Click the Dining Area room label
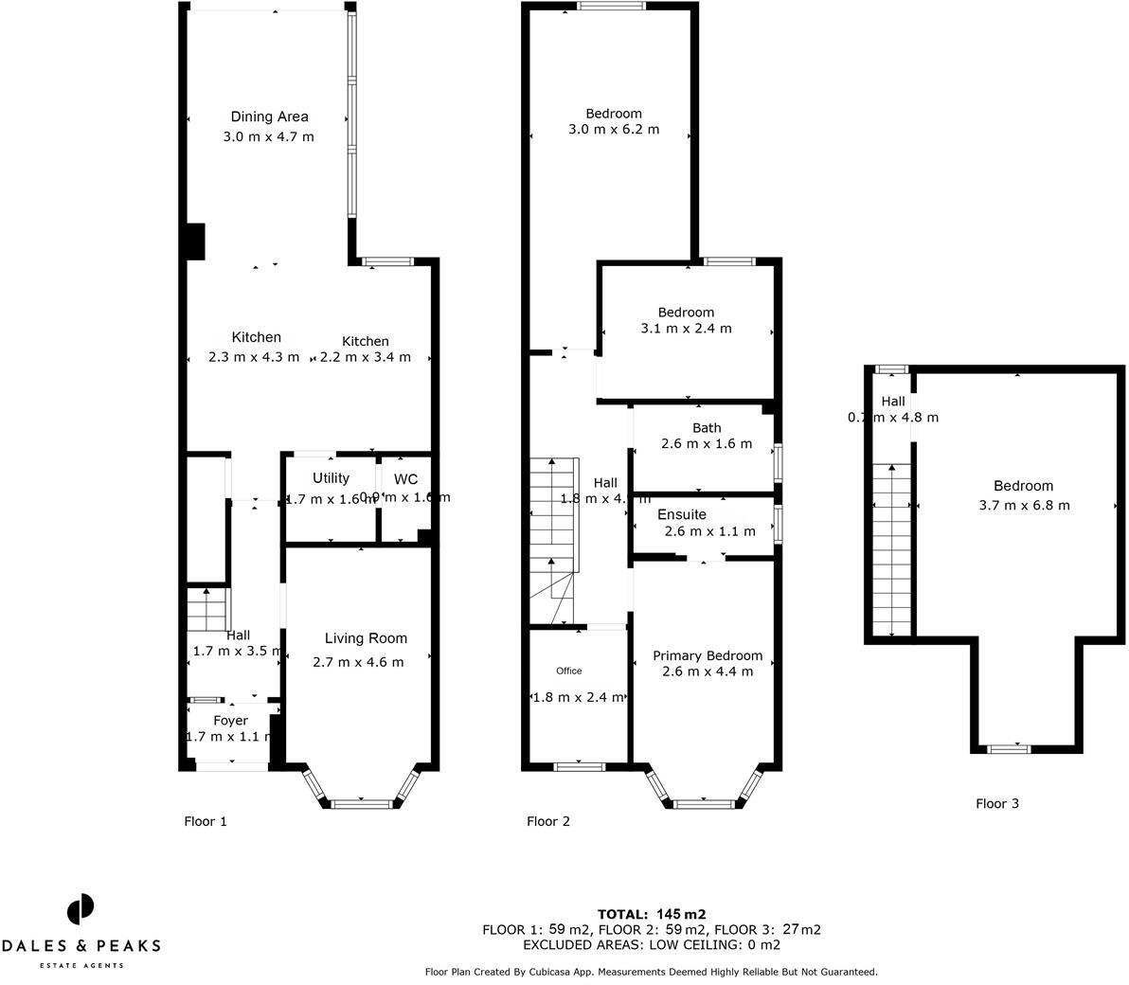click(269, 116)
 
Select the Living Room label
click(366, 638)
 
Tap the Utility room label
click(331, 478)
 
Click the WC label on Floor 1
click(405, 479)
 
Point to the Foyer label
click(230, 721)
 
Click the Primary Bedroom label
click(707, 655)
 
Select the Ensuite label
click(682, 514)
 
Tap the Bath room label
click(707, 428)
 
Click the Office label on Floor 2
click(569, 671)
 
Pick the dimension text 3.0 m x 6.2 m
click(613, 130)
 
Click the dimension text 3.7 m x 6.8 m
click(1024, 505)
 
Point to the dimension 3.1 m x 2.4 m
click(686, 329)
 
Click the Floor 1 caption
click(206, 821)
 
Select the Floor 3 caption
click(997, 803)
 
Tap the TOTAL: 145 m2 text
click(652, 914)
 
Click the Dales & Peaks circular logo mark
click(81, 909)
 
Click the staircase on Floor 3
click(891, 549)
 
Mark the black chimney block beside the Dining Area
click(194, 241)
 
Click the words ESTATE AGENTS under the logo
click(81, 965)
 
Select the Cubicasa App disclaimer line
click(652, 972)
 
